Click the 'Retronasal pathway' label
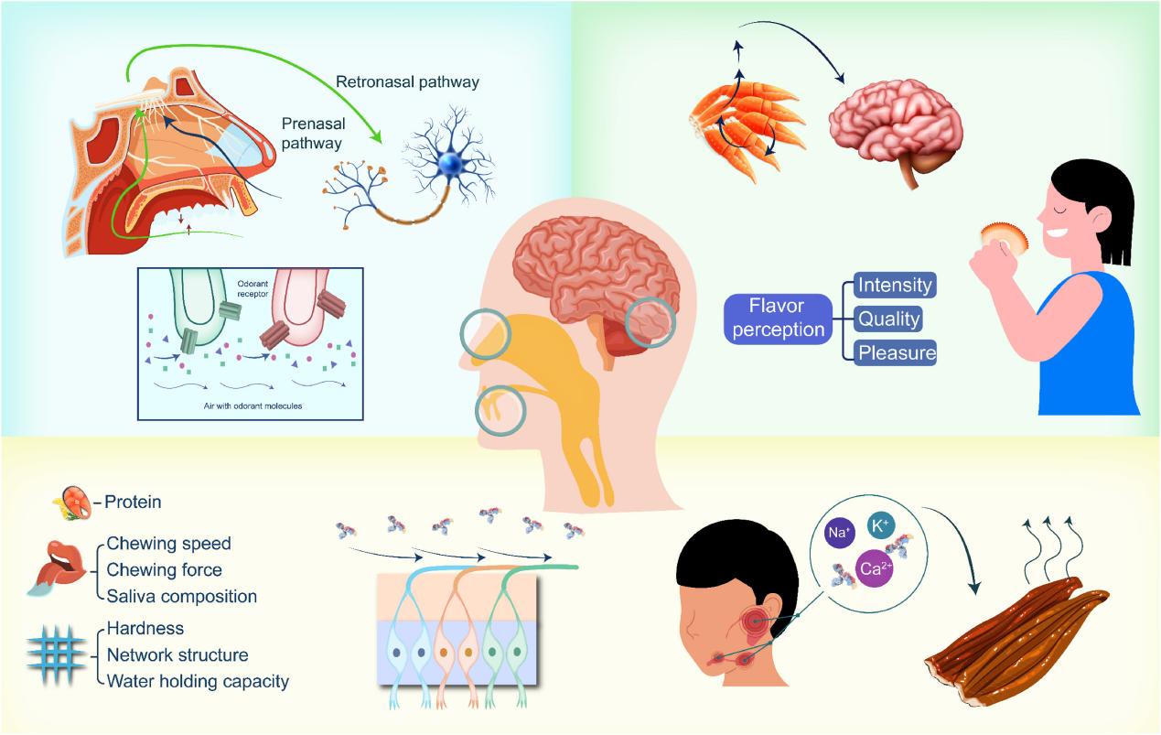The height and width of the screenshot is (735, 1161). tap(407, 82)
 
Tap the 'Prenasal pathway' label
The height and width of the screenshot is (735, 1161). tap(313, 134)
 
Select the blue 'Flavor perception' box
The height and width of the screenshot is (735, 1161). tap(778, 318)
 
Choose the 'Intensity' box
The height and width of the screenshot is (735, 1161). tap(895, 285)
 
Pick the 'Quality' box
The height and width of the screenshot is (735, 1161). tap(888, 319)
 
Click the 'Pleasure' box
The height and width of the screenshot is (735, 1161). tap(895, 352)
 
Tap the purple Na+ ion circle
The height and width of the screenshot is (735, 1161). tap(839, 532)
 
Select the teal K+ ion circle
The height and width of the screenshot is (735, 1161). tap(881, 526)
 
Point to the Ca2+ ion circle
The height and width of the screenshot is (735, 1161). tap(875, 568)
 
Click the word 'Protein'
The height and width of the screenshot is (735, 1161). tap(133, 502)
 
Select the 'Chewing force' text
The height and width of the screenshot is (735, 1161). tap(165, 569)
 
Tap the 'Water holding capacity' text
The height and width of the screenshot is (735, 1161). tap(198, 681)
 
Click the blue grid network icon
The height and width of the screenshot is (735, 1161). tap(57, 655)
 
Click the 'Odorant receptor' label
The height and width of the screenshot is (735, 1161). tap(253, 289)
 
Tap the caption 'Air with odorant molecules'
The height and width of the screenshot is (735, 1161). tap(253, 405)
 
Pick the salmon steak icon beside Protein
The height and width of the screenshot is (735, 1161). tap(73, 503)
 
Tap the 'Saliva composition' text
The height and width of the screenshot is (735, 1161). tap(181, 596)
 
